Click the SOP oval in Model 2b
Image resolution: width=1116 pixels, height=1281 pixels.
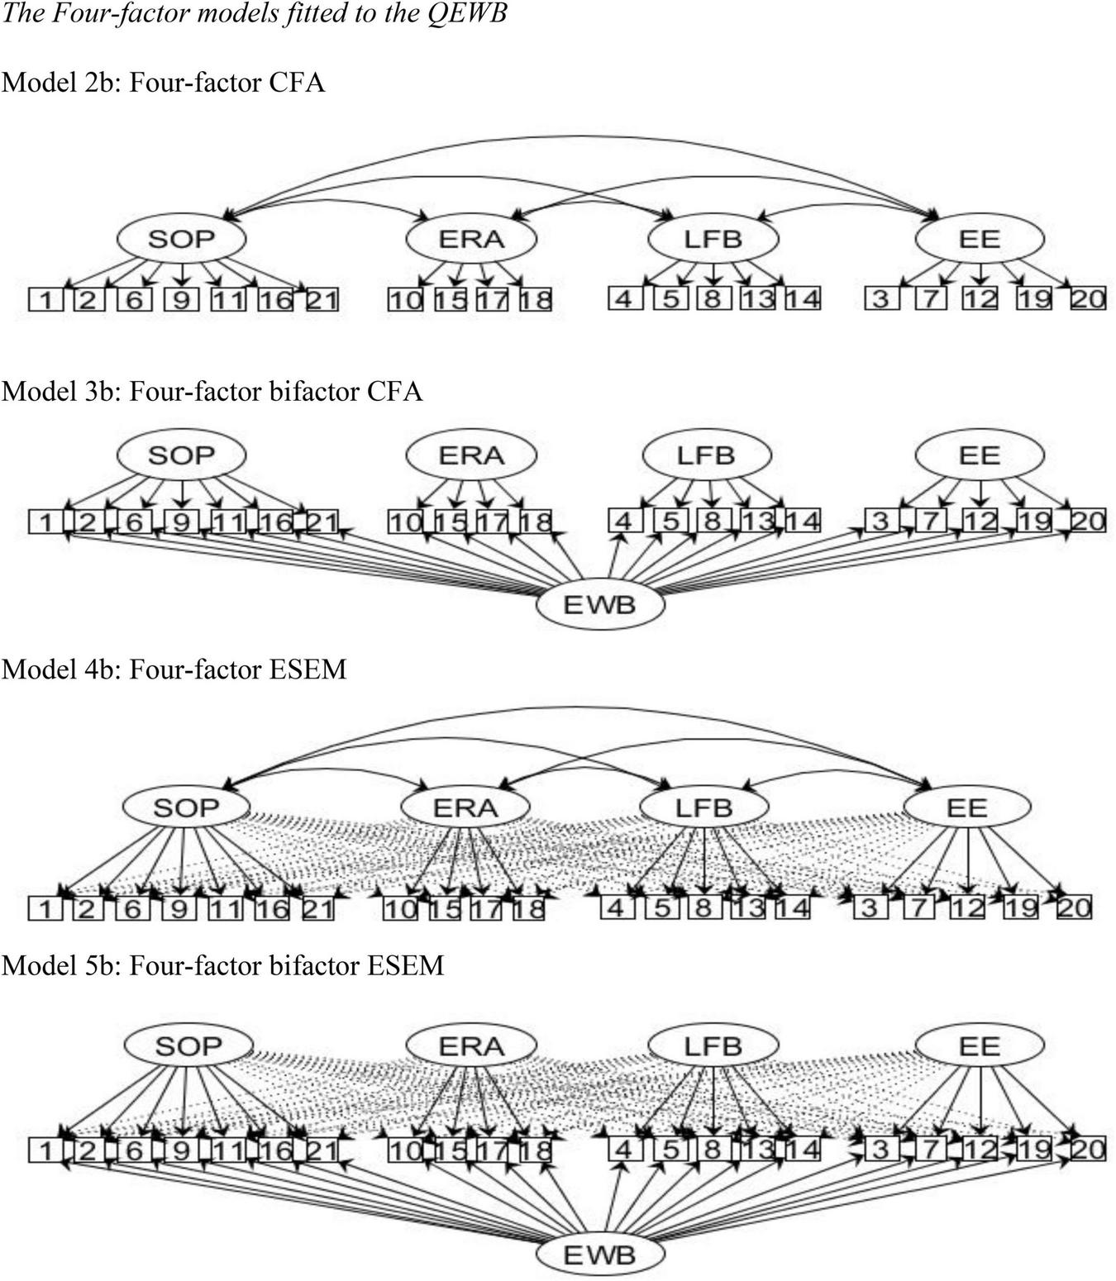(181, 239)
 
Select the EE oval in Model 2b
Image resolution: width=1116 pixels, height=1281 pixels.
(980, 239)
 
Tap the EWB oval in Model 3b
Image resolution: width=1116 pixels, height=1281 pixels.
(599, 605)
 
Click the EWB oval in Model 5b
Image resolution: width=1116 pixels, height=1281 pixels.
(599, 1255)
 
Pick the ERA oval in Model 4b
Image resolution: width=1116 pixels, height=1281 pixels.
(465, 807)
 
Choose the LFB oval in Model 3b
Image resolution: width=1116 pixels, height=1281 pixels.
(706, 455)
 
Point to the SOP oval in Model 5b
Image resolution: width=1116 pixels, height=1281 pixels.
(188, 1046)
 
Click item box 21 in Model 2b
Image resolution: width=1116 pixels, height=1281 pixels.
(322, 299)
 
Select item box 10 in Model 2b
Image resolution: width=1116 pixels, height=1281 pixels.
(405, 299)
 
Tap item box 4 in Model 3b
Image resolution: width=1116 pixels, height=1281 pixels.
(624, 521)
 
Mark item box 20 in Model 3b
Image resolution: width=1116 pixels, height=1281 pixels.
(1088, 521)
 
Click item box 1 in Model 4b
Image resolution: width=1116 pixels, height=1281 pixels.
(45, 909)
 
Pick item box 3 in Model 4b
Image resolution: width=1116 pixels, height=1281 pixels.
(868, 908)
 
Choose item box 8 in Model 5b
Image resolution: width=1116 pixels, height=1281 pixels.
(711, 1150)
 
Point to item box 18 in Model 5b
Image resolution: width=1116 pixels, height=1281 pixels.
(535, 1150)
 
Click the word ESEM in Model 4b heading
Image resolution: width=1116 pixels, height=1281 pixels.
(308, 669)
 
